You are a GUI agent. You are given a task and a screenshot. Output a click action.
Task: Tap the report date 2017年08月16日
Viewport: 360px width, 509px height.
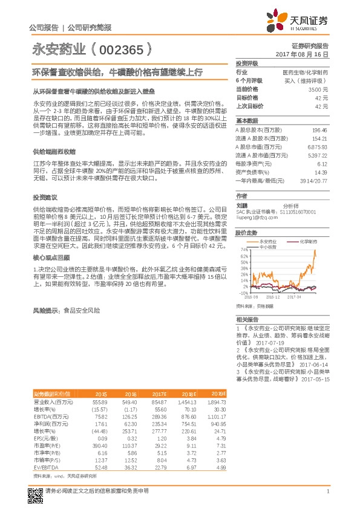point(306,54)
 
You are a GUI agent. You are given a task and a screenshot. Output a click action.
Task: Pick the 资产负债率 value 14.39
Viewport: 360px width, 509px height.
point(321,172)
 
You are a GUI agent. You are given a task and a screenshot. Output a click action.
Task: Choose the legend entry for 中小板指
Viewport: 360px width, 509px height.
point(267,247)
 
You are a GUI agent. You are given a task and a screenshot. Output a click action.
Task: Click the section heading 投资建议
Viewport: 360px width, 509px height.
point(44,198)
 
